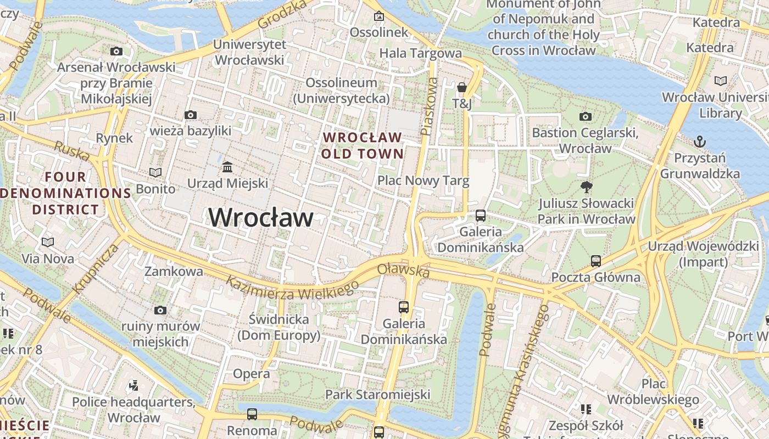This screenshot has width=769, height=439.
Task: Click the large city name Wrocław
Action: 261,218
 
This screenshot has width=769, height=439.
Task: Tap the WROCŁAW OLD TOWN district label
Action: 363,145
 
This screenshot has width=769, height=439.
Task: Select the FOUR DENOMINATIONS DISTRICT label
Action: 66,193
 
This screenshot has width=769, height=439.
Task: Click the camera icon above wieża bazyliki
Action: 191,115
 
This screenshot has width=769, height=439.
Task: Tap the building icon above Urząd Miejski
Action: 227,166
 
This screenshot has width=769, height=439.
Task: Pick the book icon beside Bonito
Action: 155,172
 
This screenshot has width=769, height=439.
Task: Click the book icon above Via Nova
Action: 48,242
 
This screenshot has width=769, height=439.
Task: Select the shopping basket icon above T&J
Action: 462,87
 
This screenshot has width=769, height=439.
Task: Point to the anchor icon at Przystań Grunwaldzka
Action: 699,142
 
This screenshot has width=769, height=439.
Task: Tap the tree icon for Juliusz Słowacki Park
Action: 586,187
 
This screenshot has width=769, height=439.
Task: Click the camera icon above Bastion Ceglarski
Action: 586,116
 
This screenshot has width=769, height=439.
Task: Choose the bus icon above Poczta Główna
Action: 596,261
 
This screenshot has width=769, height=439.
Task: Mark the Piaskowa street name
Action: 430,106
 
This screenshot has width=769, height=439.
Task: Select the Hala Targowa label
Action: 421,53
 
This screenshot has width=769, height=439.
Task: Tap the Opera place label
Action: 252,374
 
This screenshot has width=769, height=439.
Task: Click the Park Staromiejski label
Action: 378,395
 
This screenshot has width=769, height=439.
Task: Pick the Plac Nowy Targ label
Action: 423,181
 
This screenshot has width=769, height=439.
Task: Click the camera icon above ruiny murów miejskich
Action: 160,310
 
